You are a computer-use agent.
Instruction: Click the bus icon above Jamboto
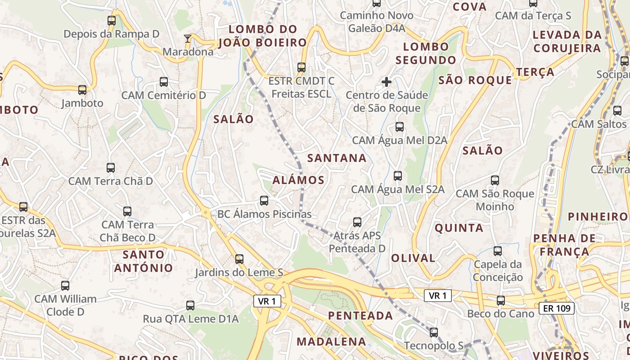coord(82,90)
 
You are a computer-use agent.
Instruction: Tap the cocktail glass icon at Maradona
coord(188,39)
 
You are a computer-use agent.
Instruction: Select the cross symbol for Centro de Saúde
coord(386,82)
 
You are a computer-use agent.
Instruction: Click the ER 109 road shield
coord(557,308)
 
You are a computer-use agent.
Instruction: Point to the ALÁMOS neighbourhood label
coord(298,180)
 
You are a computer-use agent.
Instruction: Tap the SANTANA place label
coord(337,158)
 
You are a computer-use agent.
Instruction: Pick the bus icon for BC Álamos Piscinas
coord(264,201)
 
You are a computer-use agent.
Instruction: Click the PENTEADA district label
coord(360,315)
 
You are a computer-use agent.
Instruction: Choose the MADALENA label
coord(331,341)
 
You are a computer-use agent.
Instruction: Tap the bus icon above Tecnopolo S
coord(433,333)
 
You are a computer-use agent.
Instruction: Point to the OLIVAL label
coord(413,258)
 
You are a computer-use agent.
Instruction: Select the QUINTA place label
coord(459,228)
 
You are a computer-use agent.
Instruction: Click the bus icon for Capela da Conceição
coord(498,251)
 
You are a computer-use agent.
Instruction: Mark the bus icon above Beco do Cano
coord(500,301)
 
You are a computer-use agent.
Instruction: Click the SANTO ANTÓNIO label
coord(143,261)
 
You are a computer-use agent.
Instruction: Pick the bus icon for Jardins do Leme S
coord(239,259)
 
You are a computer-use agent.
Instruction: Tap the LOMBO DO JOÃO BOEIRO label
coord(263,36)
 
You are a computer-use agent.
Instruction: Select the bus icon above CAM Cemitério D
coord(164,82)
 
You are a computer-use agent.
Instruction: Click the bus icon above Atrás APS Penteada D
coord(357,222)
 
